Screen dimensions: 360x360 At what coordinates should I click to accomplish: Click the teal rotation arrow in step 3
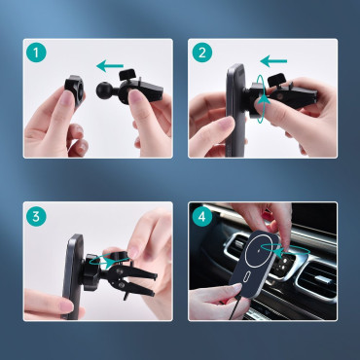click(96, 262)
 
